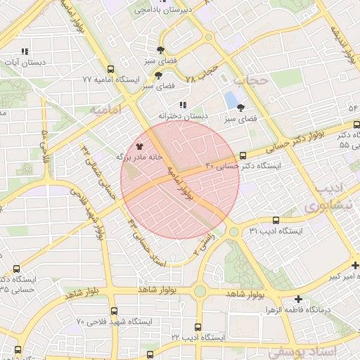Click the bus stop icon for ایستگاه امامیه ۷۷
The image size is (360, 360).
pos(111,69)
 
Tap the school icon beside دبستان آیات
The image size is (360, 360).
pos(25,51)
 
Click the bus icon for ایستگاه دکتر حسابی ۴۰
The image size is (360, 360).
pos(243,155)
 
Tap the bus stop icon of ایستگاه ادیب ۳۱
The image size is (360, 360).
pos(275,220)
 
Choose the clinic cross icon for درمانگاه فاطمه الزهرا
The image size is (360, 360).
pos(300,299)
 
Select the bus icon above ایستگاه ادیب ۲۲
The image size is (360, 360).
pos(198,327)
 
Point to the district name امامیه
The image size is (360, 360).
pos(106,110)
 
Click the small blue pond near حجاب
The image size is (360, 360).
pos(230,101)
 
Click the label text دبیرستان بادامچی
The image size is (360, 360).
pos(162,10)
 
